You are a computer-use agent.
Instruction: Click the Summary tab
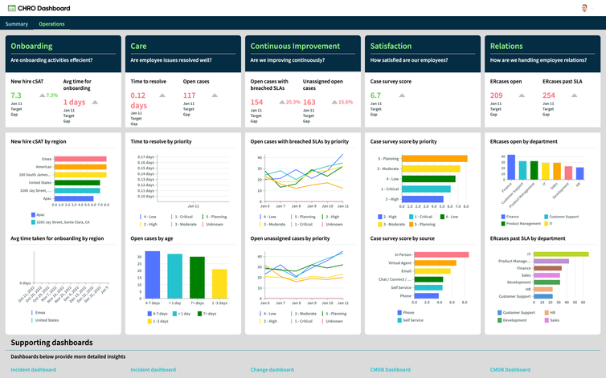tap(17, 24)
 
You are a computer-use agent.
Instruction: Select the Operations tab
tap(52, 24)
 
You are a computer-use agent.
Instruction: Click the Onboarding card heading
tap(31, 47)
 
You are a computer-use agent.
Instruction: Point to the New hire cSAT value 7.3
tap(16, 96)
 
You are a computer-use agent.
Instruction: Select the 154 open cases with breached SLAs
tap(256, 102)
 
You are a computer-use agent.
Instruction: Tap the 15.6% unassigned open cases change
tap(346, 102)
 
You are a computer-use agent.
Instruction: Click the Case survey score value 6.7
tap(375, 96)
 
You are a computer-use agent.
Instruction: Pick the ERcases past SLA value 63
tap(547, 96)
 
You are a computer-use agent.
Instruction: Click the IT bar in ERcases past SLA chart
tap(563, 255)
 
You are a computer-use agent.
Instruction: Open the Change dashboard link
tap(272, 370)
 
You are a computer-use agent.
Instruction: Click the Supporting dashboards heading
tap(51, 343)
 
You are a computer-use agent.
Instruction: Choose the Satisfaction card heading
tap(391, 47)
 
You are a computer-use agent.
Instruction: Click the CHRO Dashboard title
tap(44, 8)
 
